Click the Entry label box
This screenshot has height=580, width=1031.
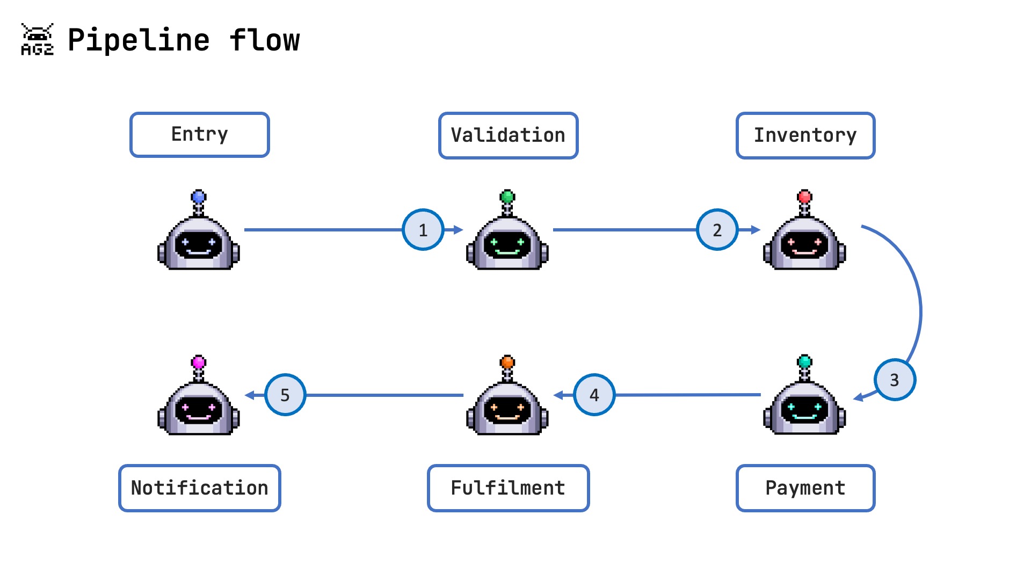tap(199, 135)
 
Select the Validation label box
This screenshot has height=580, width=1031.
tap(508, 135)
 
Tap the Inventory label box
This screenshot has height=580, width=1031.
tap(805, 135)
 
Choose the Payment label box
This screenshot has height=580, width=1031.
tap(805, 488)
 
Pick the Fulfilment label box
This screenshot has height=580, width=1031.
tap(508, 488)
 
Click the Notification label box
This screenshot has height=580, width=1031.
tap(199, 488)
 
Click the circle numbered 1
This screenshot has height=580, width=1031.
tap(423, 230)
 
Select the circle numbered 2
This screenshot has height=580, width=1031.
tap(717, 230)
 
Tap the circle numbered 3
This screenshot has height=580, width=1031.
tap(894, 380)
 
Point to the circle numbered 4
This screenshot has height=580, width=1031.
tap(594, 395)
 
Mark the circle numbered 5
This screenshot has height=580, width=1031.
tap(285, 395)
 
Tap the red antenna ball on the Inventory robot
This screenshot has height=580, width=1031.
tap(804, 197)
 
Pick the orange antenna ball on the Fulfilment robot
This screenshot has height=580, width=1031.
tap(507, 362)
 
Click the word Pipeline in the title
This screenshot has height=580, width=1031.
tap(139, 40)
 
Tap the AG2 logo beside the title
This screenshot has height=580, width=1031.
tap(37, 39)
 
